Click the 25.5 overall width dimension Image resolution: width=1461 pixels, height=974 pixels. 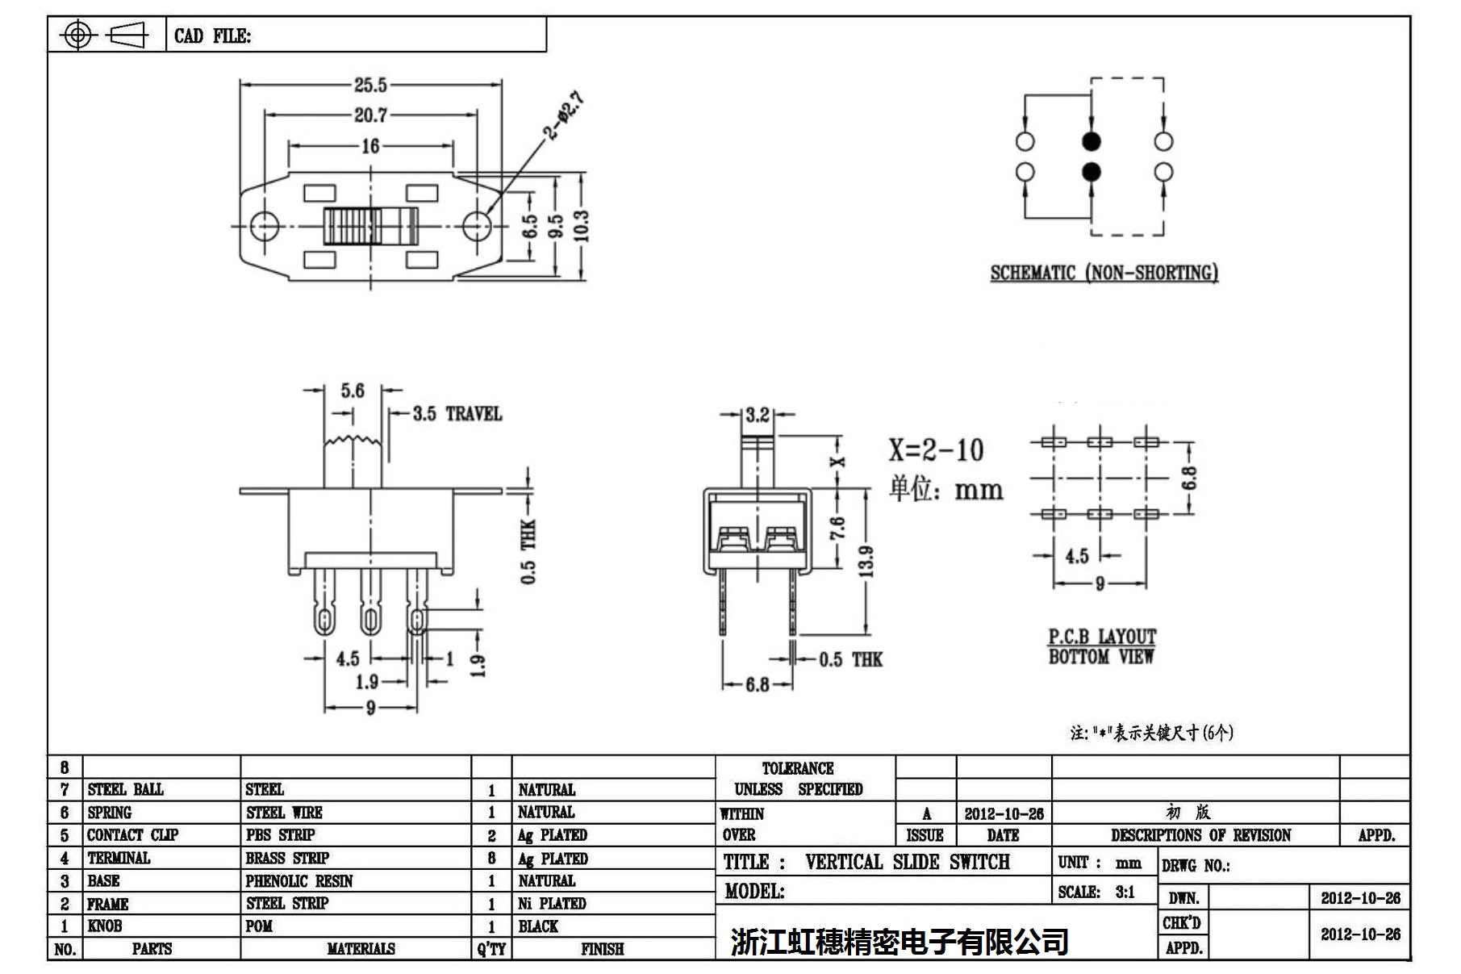(x=370, y=85)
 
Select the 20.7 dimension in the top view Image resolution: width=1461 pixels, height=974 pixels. (x=370, y=115)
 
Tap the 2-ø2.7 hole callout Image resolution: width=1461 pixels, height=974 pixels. (x=563, y=116)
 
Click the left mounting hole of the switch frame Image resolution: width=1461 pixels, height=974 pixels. (x=263, y=224)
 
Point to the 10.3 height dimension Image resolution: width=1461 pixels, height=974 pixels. (x=582, y=226)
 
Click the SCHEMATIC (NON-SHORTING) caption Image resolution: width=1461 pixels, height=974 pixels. (x=1104, y=273)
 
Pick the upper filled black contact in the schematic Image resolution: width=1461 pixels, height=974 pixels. (x=1091, y=142)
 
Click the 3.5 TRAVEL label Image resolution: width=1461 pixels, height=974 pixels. (x=457, y=414)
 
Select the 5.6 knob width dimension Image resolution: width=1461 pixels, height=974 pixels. (x=353, y=391)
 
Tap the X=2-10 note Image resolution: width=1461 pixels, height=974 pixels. (x=936, y=450)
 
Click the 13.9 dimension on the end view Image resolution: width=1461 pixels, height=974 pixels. (x=866, y=561)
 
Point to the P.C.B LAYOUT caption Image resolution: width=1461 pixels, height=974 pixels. (x=1102, y=637)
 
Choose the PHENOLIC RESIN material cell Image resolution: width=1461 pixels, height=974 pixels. (x=299, y=881)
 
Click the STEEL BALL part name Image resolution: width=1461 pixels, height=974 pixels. (x=125, y=789)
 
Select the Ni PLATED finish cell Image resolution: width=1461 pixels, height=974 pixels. (x=552, y=904)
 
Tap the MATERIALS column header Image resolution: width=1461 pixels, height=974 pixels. (x=361, y=949)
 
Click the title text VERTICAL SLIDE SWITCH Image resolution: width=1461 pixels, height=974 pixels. (x=907, y=862)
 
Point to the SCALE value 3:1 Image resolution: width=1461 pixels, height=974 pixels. (x=1125, y=892)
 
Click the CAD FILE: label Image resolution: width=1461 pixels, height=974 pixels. (x=212, y=36)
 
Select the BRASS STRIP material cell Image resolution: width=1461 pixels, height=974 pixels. (x=287, y=858)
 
